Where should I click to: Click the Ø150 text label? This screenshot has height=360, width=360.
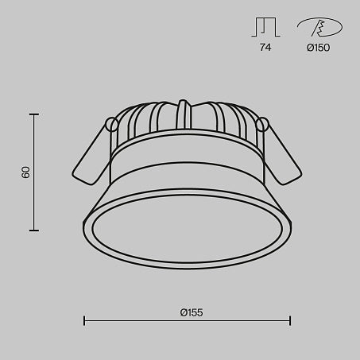click(x=318, y=48)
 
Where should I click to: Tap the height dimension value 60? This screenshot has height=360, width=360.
click(x=25, y=172)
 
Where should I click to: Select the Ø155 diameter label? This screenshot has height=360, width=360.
click(x=191, y=312)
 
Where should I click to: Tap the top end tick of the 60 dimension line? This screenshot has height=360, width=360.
click(x=34, y=114)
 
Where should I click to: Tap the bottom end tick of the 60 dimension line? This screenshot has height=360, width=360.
click(x=34, y=230)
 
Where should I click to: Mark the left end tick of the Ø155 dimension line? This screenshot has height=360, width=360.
click(x=84, y=321)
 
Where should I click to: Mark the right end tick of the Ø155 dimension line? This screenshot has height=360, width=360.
click(x=290, y=321)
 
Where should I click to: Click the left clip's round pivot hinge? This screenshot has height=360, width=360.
click(x=113, y=125)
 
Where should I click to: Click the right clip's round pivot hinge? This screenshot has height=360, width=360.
click(x=263, y=124)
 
